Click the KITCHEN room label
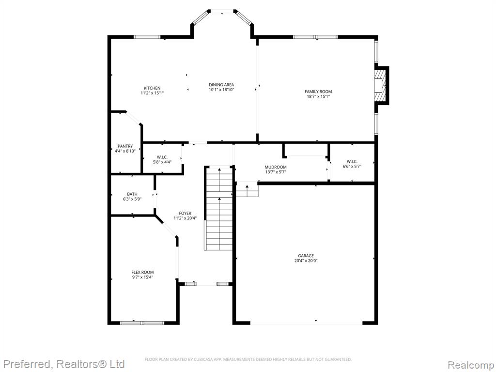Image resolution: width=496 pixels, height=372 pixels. pos(152,88)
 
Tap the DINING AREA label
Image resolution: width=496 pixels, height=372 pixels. pos(221,84)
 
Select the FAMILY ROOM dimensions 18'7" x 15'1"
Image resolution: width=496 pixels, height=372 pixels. pos(318,96)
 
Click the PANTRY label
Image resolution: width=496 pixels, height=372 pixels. pos(125,146)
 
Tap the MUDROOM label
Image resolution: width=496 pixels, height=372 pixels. pos(276,167)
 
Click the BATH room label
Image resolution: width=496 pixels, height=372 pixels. pos(132,194)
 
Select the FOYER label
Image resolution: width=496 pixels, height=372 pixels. pos(185,213)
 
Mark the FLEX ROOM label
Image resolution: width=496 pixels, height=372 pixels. pos(143,272)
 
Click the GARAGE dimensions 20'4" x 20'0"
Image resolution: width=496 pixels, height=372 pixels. pos(306,261)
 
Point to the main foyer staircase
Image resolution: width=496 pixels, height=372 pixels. pos(218,208)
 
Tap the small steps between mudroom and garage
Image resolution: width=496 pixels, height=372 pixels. pos(247,189)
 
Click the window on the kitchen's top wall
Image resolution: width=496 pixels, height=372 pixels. pos(147,37)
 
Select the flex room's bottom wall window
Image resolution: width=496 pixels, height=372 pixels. pos(142,323)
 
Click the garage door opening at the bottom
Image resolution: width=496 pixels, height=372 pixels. pos(306,323)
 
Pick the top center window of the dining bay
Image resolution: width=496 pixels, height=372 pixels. pos(222,12)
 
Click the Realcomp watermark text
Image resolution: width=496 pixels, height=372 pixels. pos(471,365)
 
